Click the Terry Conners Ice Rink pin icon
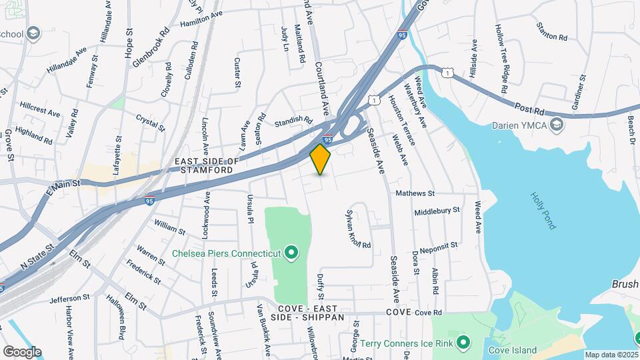coord(465,343)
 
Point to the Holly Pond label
coord(543,211)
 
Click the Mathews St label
coord(415,194)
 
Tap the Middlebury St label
coord(437,210)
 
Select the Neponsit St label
coord(435,245)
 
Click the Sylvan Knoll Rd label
coord(357,230)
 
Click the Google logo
coord(22,351)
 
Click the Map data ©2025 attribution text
coord(611,355)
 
